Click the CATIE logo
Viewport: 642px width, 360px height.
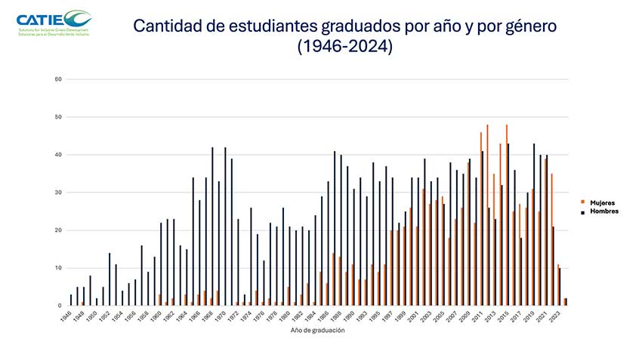pos(53,22)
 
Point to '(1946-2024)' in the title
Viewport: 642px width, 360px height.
pos(345,47)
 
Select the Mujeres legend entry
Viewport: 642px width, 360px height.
pos(602,202)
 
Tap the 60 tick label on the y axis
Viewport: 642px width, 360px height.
pos(58,79)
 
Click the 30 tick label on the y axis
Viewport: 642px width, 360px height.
pos(58,192)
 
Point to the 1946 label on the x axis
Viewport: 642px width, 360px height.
pos(67,315)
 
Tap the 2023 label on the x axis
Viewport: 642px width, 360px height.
pos(555,315)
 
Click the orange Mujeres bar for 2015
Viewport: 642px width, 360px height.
pos(506,215)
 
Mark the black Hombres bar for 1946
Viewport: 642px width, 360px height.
pos(71,300)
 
